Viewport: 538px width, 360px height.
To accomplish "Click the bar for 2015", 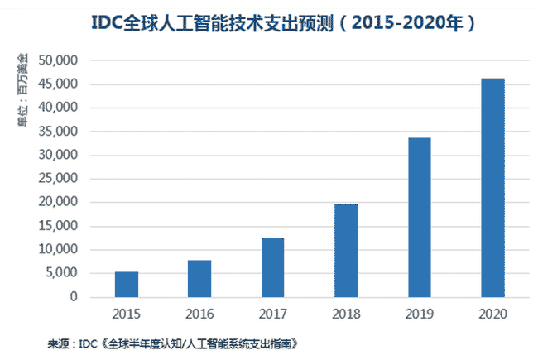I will (x=127, y=284).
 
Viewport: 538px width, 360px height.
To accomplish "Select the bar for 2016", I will (x=199, y=278).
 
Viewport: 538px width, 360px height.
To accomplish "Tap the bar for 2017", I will (x=273, y=267).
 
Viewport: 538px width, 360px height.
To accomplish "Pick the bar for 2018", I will (x=346, y=250).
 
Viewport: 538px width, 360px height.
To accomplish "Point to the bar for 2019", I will (x=420, y=217).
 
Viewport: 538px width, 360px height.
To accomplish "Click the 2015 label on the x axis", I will (x=127, y=314).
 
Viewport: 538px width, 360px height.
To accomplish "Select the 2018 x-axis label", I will (x=346, y=314).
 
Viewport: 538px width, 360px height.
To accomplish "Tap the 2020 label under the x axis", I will (x=492, y=314).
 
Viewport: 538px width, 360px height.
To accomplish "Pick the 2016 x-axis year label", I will (x=199, y=314).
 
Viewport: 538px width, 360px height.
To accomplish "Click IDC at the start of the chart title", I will (x=105, y=24).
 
